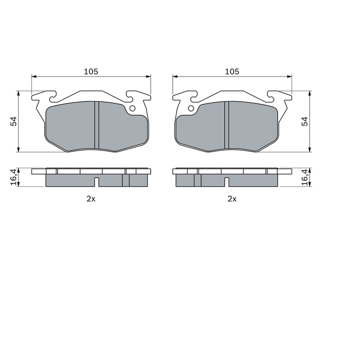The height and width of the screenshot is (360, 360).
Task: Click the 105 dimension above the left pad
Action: click(x=91, y=72)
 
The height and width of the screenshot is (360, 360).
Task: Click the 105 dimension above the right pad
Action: click(x=232, y=72)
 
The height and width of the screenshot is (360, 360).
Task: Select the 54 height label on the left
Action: click(x=13, y=121)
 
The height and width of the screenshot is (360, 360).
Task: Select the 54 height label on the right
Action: click(x=305, y=121)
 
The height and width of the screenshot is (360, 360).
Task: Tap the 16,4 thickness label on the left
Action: click(x=13, y=177)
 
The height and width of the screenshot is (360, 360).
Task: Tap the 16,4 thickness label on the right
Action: click(x=305, y=177)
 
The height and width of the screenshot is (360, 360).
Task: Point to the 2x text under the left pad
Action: click(x=91, y=199)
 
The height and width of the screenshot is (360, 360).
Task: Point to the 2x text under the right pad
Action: click(x=232, y=199)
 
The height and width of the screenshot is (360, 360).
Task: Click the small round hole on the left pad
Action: click(x=132, y=108)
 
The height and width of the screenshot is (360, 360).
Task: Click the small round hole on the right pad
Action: click(x=191, y=108)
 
